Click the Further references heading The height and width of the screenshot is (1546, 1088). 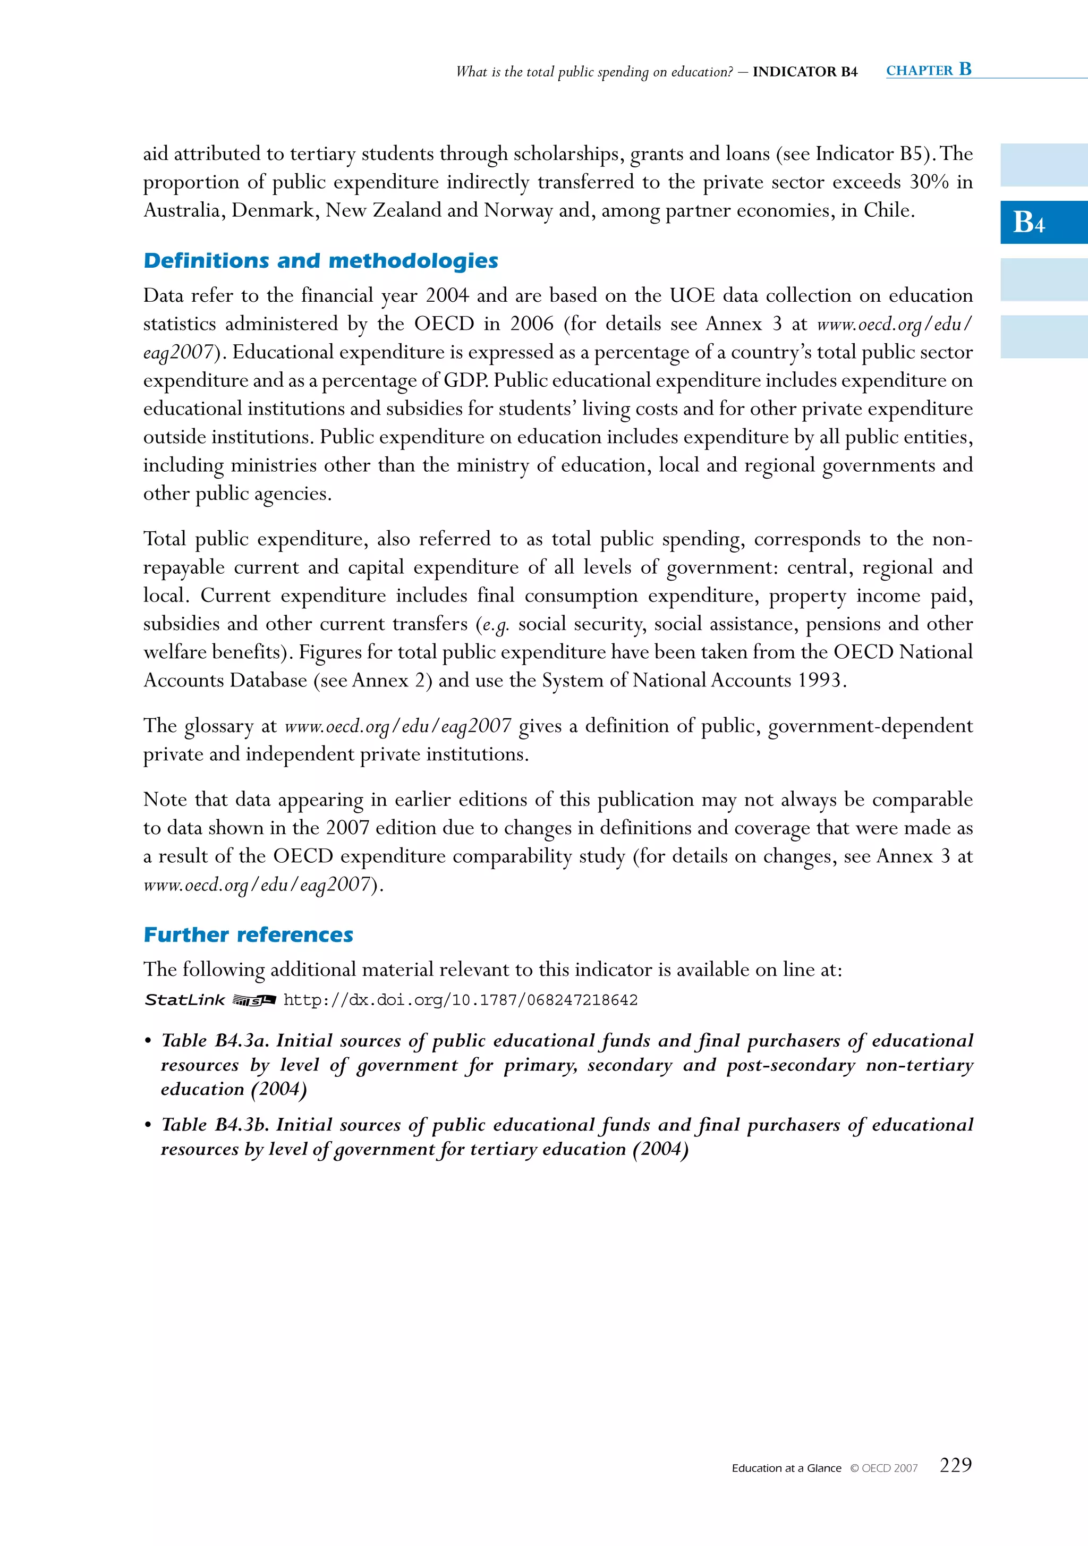tap(249, 935)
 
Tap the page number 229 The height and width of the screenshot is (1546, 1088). tap(955, 1465)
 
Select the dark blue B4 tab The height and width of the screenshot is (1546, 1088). tap(1043, 222)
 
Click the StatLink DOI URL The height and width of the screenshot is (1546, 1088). tap(461, 1000)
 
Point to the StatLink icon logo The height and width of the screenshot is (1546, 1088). tap(254, 1000)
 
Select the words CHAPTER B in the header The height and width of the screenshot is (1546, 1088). tap(929, 70)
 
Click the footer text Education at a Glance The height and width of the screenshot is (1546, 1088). tap(786, 1468)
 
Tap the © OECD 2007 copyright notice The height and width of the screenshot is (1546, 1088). tap(883, 1468)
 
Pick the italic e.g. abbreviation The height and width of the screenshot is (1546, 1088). tap(496, 624)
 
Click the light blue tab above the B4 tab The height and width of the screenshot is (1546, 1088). tap(1043, 165)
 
